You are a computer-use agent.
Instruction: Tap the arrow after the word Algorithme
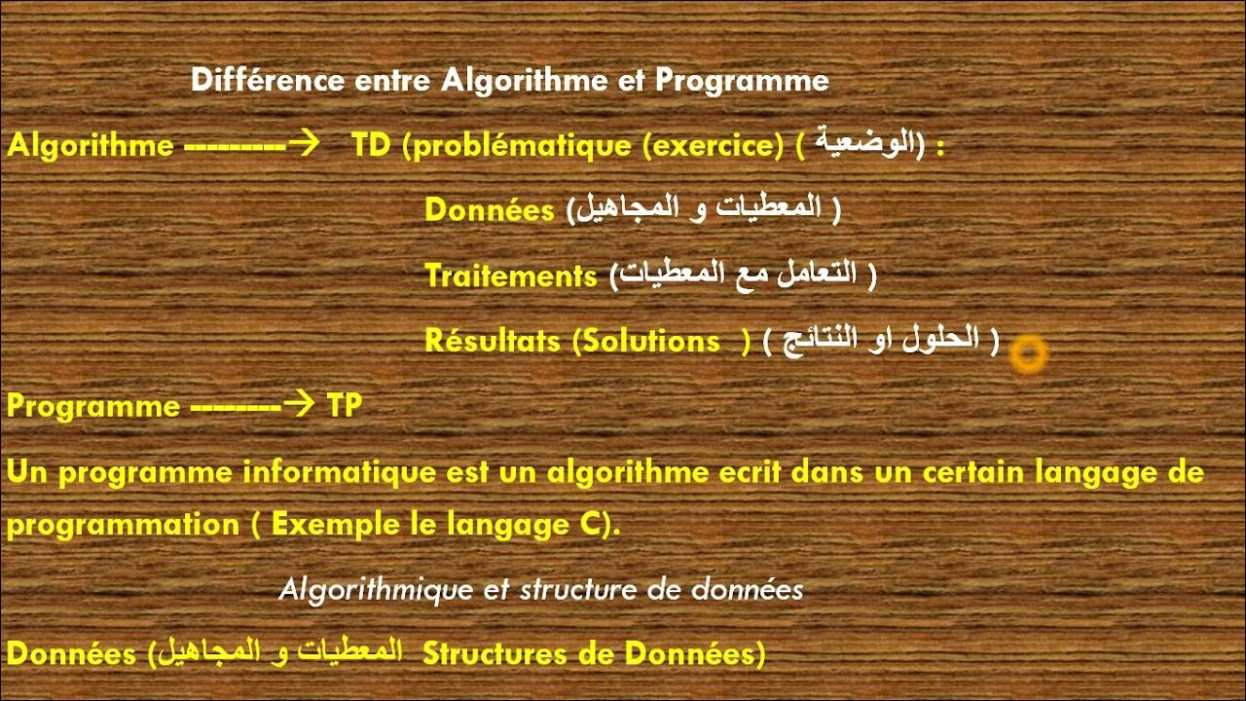(305, 144)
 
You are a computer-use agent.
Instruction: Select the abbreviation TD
(371, 145)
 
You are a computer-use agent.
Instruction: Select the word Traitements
(511, 277)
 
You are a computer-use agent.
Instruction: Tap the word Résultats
(493, 341)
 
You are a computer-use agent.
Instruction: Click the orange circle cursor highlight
(1028, 354)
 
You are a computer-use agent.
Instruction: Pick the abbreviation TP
(345, 406)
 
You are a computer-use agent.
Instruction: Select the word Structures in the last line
(494, 654)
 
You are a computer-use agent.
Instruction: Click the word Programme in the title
(742, 80)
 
